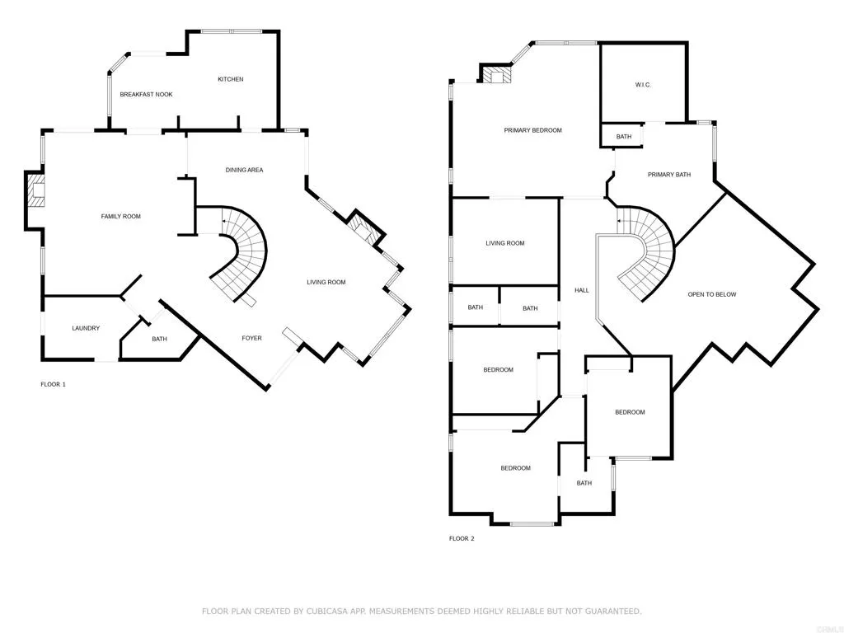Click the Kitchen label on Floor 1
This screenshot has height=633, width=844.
click(x=230, y=79)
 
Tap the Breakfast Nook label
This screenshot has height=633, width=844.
click(x=146, y=95)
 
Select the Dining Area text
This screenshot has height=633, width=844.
click(x=244, y=170)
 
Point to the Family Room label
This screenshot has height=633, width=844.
click(x=120, y=217)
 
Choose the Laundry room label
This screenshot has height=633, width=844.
click(x=86, y=328)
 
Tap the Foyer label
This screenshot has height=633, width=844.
click(x=251, y=339)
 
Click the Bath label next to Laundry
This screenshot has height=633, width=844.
click(x=159, y=339)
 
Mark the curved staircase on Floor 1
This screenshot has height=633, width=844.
click(x=244, y=251)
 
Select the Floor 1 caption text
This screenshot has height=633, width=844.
click(x=53, y=384)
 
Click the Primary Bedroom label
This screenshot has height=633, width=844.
click(x=532, y=130)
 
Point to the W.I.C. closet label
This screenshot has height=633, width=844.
click(x=643, y=85)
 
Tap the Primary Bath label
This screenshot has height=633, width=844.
click(x=668, y=175)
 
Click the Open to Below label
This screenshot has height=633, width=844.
click(x=712, y=294)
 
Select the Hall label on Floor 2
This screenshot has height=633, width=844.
click(x=581, y=290)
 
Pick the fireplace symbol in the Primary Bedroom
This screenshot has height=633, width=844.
click(x=497, y=77)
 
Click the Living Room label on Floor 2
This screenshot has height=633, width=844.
click(x=504, y=243)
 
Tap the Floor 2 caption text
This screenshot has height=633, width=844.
click(x=462, y=538)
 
